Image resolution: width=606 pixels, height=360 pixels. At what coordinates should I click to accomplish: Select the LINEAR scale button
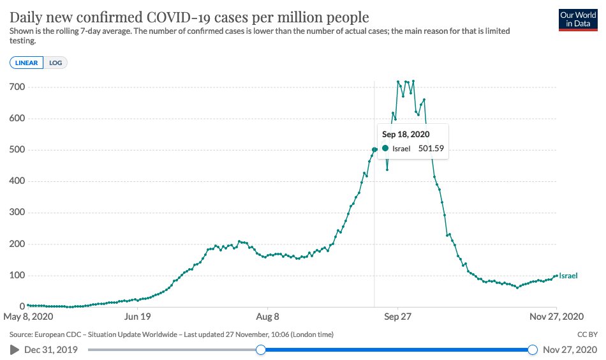pyautogui.click(x=26, y=63)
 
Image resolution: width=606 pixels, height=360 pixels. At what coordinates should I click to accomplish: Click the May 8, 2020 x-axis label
pyautogui.click(x=28, y=317)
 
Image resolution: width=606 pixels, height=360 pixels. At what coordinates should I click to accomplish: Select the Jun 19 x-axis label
pyautogui.click(x=138, y=317)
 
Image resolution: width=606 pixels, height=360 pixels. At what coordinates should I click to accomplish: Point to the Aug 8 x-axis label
pyautogui.click(x=267, y=317)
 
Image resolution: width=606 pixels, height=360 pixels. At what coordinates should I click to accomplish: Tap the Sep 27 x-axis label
pyautogui.click(x=397, y=317)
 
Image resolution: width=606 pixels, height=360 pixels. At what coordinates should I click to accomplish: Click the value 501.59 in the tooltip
pyautogui.click(x=431, y=149)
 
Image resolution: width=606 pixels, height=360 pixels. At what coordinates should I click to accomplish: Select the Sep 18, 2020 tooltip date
pyautogui.click(x=406, y=135)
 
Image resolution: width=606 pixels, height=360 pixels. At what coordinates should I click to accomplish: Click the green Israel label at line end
pyautogui.click(x=568, y=276)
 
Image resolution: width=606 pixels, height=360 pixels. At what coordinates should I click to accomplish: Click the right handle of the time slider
pyautogui.click(x=533, y=349)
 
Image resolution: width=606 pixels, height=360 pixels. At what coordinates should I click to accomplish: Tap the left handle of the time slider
pyautogui.click(x=260, y=349)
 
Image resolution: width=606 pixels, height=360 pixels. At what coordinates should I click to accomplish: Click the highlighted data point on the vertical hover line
pyautogui.click(x=374, y=149)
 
